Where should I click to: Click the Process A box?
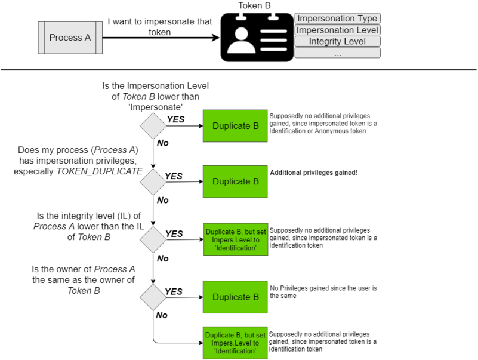point(70,38)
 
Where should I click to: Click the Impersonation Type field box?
point(337,19)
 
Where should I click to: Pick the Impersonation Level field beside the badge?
point(337,30)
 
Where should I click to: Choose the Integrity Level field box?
point(337,41)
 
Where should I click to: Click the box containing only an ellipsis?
point(337,53)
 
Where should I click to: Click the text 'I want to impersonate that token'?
point(160,27)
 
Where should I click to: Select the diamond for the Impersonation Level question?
point(153,125)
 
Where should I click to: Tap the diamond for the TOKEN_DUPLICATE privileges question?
point(153,182)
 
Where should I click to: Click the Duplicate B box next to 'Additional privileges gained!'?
point(236,181)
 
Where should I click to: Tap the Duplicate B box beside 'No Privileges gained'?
point(236,297)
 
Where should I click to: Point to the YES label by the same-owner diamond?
point(174,291)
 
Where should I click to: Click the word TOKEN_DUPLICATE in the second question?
point(104,171)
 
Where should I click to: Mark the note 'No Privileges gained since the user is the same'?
point(323,291)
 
